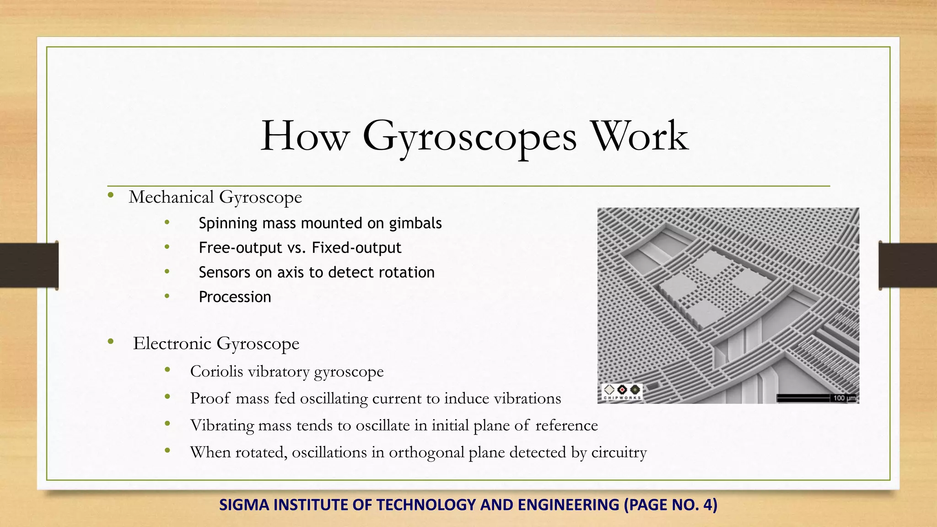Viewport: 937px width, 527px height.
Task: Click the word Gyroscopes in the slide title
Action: click(469, 136)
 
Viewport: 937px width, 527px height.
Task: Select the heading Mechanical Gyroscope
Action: click(215, 197)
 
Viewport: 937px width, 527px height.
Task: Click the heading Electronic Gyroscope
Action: click(216, 344)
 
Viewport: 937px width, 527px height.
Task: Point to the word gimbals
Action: click(415, 223)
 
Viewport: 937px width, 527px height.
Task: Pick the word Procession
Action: click(235, 297)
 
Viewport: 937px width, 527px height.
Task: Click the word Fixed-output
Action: click(356, 248)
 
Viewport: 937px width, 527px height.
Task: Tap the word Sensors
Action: click(224, 273)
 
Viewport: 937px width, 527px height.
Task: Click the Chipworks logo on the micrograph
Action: click(622, 392)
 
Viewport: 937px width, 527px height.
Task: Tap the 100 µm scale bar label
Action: click(844, 398)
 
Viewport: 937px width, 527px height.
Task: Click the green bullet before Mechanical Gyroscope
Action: click(111, 196)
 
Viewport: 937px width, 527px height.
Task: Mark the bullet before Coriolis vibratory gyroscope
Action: click(167, 370)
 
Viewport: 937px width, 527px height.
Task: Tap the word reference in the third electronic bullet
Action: click(566, 425)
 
